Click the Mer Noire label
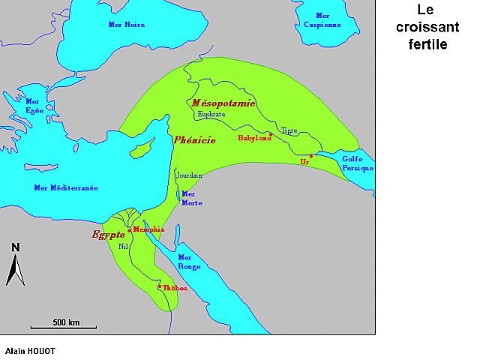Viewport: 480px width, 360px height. [x=125, y=25]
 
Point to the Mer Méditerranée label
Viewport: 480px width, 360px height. [x=66, y=187]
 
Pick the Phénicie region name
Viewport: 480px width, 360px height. [x=194, y=140]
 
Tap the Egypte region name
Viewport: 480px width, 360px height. [x=108, y=235]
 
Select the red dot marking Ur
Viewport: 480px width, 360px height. [x=310, y=156]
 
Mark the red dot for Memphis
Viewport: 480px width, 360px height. [x=129, y=230]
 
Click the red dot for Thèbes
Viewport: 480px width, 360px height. [x=158, y=286]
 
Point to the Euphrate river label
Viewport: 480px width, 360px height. [x=211, y=115]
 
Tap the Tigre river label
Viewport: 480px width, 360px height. [x=289, y=130]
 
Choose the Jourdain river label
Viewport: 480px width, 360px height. [x=189, y=175]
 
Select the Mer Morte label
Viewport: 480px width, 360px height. [x=192, y=198]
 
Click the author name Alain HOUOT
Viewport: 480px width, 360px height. [x=30, y=350]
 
